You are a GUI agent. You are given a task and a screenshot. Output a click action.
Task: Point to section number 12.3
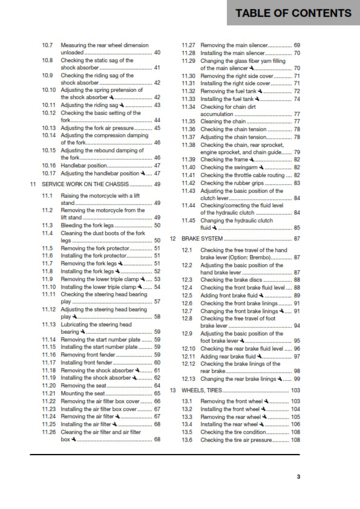point(188,280)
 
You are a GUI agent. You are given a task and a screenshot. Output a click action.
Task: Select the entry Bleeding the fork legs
point(88,225)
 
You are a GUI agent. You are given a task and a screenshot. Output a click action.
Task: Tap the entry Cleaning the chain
point(223,122)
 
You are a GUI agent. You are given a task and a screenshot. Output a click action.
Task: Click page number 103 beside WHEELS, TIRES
point(295,391)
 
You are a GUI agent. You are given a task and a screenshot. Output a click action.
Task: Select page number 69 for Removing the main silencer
point(297,45)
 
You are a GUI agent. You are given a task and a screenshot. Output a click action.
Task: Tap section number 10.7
point(48,45)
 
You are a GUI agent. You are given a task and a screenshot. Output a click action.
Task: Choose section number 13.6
point(188,440)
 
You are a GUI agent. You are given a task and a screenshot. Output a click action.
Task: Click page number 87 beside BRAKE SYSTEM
point(297,239)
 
